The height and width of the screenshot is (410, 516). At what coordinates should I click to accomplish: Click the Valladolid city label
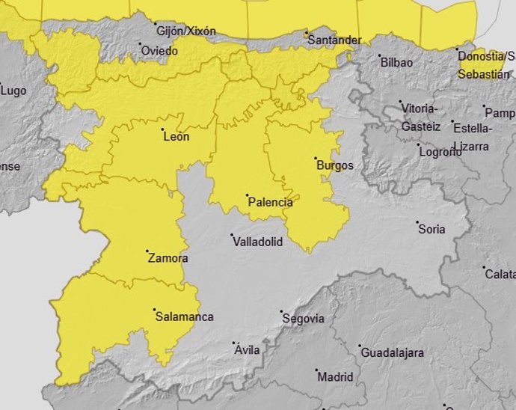point(257,242)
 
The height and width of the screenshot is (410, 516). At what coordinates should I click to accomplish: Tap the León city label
point(176,136)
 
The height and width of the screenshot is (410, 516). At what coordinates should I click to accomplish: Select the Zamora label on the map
point(168,259)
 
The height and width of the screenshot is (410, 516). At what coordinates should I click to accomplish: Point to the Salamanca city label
point(184,317)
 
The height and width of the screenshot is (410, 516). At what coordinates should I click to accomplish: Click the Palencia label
point(270,202)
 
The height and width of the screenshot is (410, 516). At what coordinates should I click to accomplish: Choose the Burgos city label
point(334,165)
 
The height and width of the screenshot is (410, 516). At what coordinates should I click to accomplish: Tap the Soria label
point(431,230)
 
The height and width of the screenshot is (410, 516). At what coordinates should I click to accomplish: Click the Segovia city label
point(304,319)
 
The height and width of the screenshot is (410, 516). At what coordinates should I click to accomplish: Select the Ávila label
point(247,350)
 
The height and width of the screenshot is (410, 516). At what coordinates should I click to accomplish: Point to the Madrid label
point(335,377)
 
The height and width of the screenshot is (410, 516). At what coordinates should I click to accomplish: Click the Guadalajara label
point(392,352)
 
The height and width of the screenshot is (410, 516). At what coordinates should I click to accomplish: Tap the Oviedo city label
point(159,52)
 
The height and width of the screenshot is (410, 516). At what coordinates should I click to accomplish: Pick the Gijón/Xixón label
point(186,31)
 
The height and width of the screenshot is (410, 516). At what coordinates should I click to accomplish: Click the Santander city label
point(335,40)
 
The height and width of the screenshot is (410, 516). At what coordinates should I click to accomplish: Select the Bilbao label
point(396,63)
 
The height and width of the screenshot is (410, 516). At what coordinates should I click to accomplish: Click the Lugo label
point(13,91)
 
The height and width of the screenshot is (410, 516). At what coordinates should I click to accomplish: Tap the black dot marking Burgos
point(315,159)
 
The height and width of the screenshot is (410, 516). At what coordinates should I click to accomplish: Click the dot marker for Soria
point(417,222)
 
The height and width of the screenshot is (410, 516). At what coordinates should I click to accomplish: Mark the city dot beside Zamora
point(147,251)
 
